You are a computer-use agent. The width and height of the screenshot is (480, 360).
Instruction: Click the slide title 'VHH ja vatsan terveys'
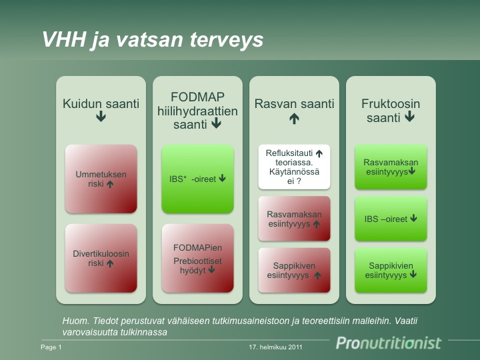coord(153,40)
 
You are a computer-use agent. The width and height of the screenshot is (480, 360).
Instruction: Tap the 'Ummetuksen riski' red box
coord(101,179)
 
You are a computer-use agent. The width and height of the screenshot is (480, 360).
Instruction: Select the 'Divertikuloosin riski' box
coord(101,258)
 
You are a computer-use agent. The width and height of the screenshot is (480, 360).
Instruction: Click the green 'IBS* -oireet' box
coord(197,179)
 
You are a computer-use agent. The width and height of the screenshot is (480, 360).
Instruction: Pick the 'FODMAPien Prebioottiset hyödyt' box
coord(197,258)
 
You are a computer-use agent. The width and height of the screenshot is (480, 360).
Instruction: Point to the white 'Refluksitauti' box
coord(294,167)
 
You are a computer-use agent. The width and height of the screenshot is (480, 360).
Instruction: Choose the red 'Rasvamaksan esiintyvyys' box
coord(294,219)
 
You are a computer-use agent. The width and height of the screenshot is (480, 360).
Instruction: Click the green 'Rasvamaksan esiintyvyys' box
coord(391,167)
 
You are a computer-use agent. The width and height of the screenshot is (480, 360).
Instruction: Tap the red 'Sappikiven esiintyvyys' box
coord(294,270)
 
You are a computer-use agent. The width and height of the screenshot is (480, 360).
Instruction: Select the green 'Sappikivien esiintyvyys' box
coord(391,270)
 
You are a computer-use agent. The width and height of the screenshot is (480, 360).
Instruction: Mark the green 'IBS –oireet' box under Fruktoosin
coord(391,219)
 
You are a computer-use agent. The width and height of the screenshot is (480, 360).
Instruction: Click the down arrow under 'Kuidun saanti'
coord(101,116)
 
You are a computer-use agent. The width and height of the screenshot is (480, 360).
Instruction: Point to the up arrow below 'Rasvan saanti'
coord(294,119)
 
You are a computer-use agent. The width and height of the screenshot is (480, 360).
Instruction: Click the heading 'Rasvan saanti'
coord(294,104)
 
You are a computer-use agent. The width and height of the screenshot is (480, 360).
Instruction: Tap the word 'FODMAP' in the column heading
coord(197,97)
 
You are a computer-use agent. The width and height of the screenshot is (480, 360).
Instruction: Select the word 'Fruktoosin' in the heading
coord(391,104)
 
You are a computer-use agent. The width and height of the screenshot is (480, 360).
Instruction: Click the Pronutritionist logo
coord(389,343)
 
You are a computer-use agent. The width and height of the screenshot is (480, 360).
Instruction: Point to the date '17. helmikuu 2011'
coord(275,347)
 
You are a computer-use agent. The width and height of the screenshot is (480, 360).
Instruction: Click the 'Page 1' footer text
coord(51,347)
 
